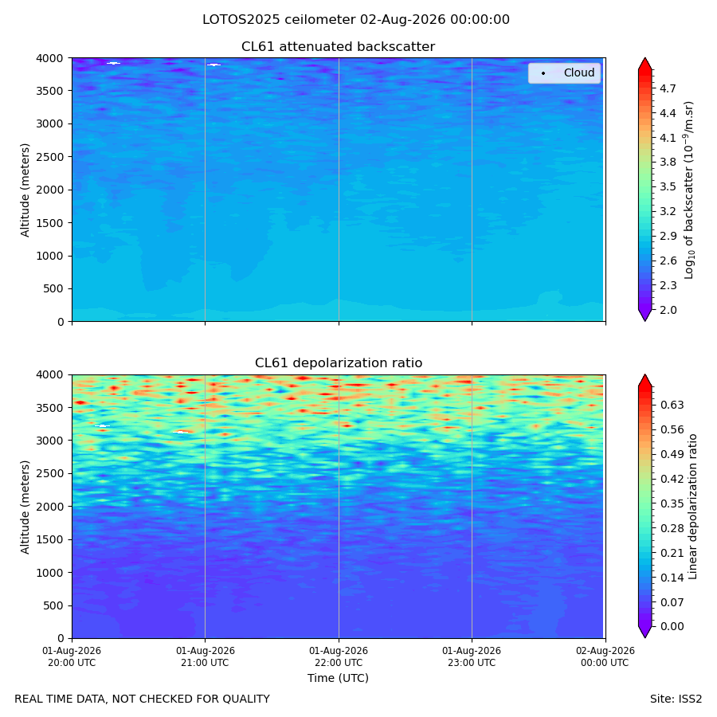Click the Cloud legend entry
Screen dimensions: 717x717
(565, 72)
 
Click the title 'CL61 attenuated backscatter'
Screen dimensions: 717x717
(338, 47)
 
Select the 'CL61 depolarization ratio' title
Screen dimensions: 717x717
(339, 363)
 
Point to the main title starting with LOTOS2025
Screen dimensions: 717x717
(356, 20)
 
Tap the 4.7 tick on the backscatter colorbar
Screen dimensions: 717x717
(668, 88)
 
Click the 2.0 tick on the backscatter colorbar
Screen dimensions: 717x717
(668, 310)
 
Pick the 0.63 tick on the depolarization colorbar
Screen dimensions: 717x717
(672, 406)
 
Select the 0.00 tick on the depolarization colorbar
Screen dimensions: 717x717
(672, 626)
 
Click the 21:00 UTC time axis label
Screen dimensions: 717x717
(205, 656)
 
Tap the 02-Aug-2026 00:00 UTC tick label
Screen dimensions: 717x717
(605, 656)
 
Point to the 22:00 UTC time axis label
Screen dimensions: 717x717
(339, 656)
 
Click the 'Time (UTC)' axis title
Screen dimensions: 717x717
(338, 678)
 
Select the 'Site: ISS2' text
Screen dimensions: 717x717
(676, 699)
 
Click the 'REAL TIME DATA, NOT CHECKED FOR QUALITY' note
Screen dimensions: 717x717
(143, 699)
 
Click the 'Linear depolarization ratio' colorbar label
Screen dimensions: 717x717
(693, 507)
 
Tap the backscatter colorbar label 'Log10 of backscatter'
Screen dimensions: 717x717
(689, 190)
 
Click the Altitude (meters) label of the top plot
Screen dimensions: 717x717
(25, 190)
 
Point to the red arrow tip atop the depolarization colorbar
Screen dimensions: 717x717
(645, 375)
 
